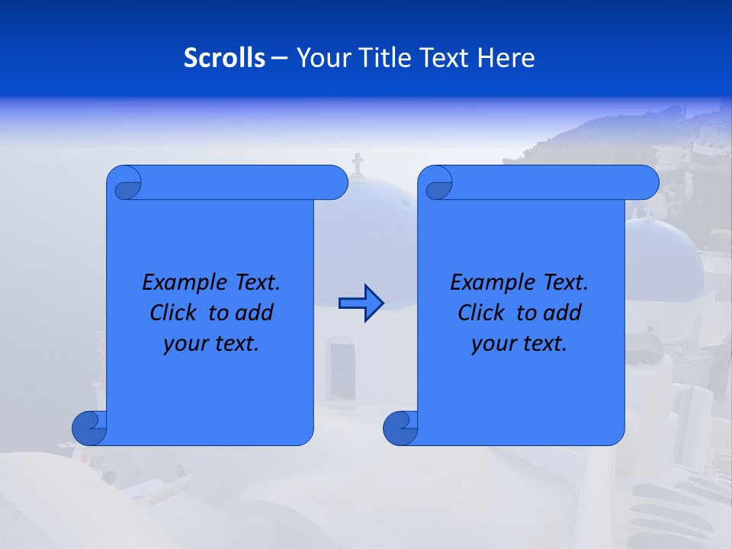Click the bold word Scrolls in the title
(x=224, y=58)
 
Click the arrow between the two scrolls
(x=361, y=303)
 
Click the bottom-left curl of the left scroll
(x=89, y=429)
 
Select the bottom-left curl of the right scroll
(x=400, y=429)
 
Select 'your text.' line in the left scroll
(x=211, y=344)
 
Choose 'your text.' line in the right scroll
(x=519, y=344)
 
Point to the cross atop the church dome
(x=357, y=163)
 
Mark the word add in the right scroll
(x=563, y=313)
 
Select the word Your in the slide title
(x=321, y=58)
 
